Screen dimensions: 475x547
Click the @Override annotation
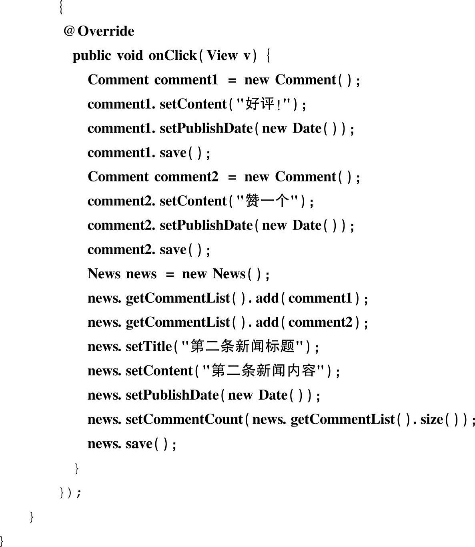click(x=99, y=31)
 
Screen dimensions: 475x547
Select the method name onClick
click(x=172, y=55)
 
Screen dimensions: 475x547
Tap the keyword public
click(x=92, y=55)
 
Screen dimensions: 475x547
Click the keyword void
click(x=129, y=55)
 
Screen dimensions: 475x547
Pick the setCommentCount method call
click(x=184, y=419)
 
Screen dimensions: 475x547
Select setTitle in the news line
click(x=148, y=346)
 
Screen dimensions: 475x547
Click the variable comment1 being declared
click(x=186, y=80)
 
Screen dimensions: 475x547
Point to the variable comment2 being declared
click(x=186, y=177)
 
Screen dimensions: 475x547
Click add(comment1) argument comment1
click(x=320, y=298)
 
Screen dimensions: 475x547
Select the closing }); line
click(x=70, y=492)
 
